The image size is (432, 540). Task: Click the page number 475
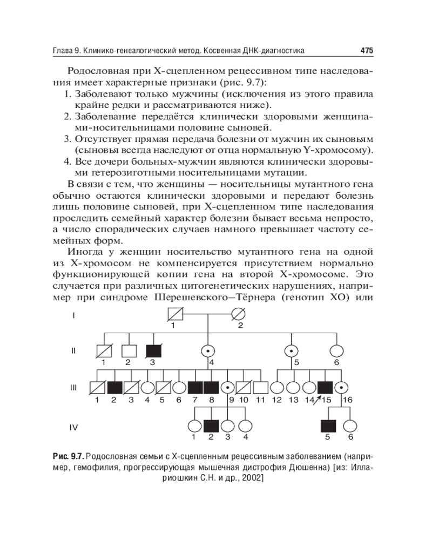click(367, 51)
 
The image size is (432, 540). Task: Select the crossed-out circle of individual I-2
click(239, 314)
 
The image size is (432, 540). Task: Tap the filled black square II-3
click(153, 351)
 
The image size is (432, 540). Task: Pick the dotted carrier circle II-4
click(207, 351)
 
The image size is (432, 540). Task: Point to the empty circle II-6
click(336, 351)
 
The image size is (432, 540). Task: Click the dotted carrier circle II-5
click(292, 351)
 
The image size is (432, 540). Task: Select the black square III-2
click(114, 388)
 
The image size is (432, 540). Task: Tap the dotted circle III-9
click(228, 388)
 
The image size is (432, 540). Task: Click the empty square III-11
click(261, 388)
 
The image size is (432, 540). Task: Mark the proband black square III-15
click(325, 388)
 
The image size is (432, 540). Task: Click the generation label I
click(74, 314)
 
